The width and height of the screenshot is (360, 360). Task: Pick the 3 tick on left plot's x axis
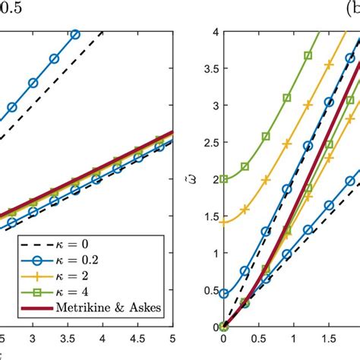pos(33,339)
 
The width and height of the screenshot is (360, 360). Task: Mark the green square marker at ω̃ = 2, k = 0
pos(223,179)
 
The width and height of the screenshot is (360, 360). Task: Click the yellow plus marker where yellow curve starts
pos(223,223)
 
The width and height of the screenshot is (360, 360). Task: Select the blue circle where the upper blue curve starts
pos(223,294)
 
